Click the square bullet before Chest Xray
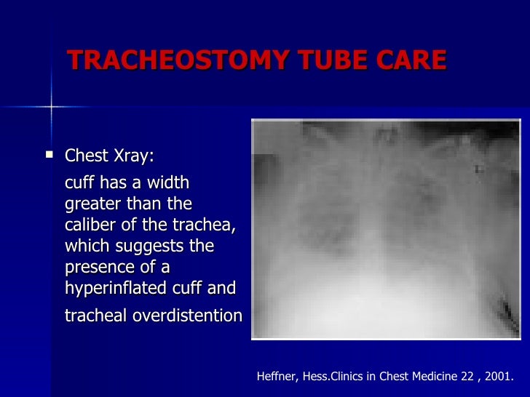point(50,154)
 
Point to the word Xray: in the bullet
point(133,157)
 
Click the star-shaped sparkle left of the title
point(51,108)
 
